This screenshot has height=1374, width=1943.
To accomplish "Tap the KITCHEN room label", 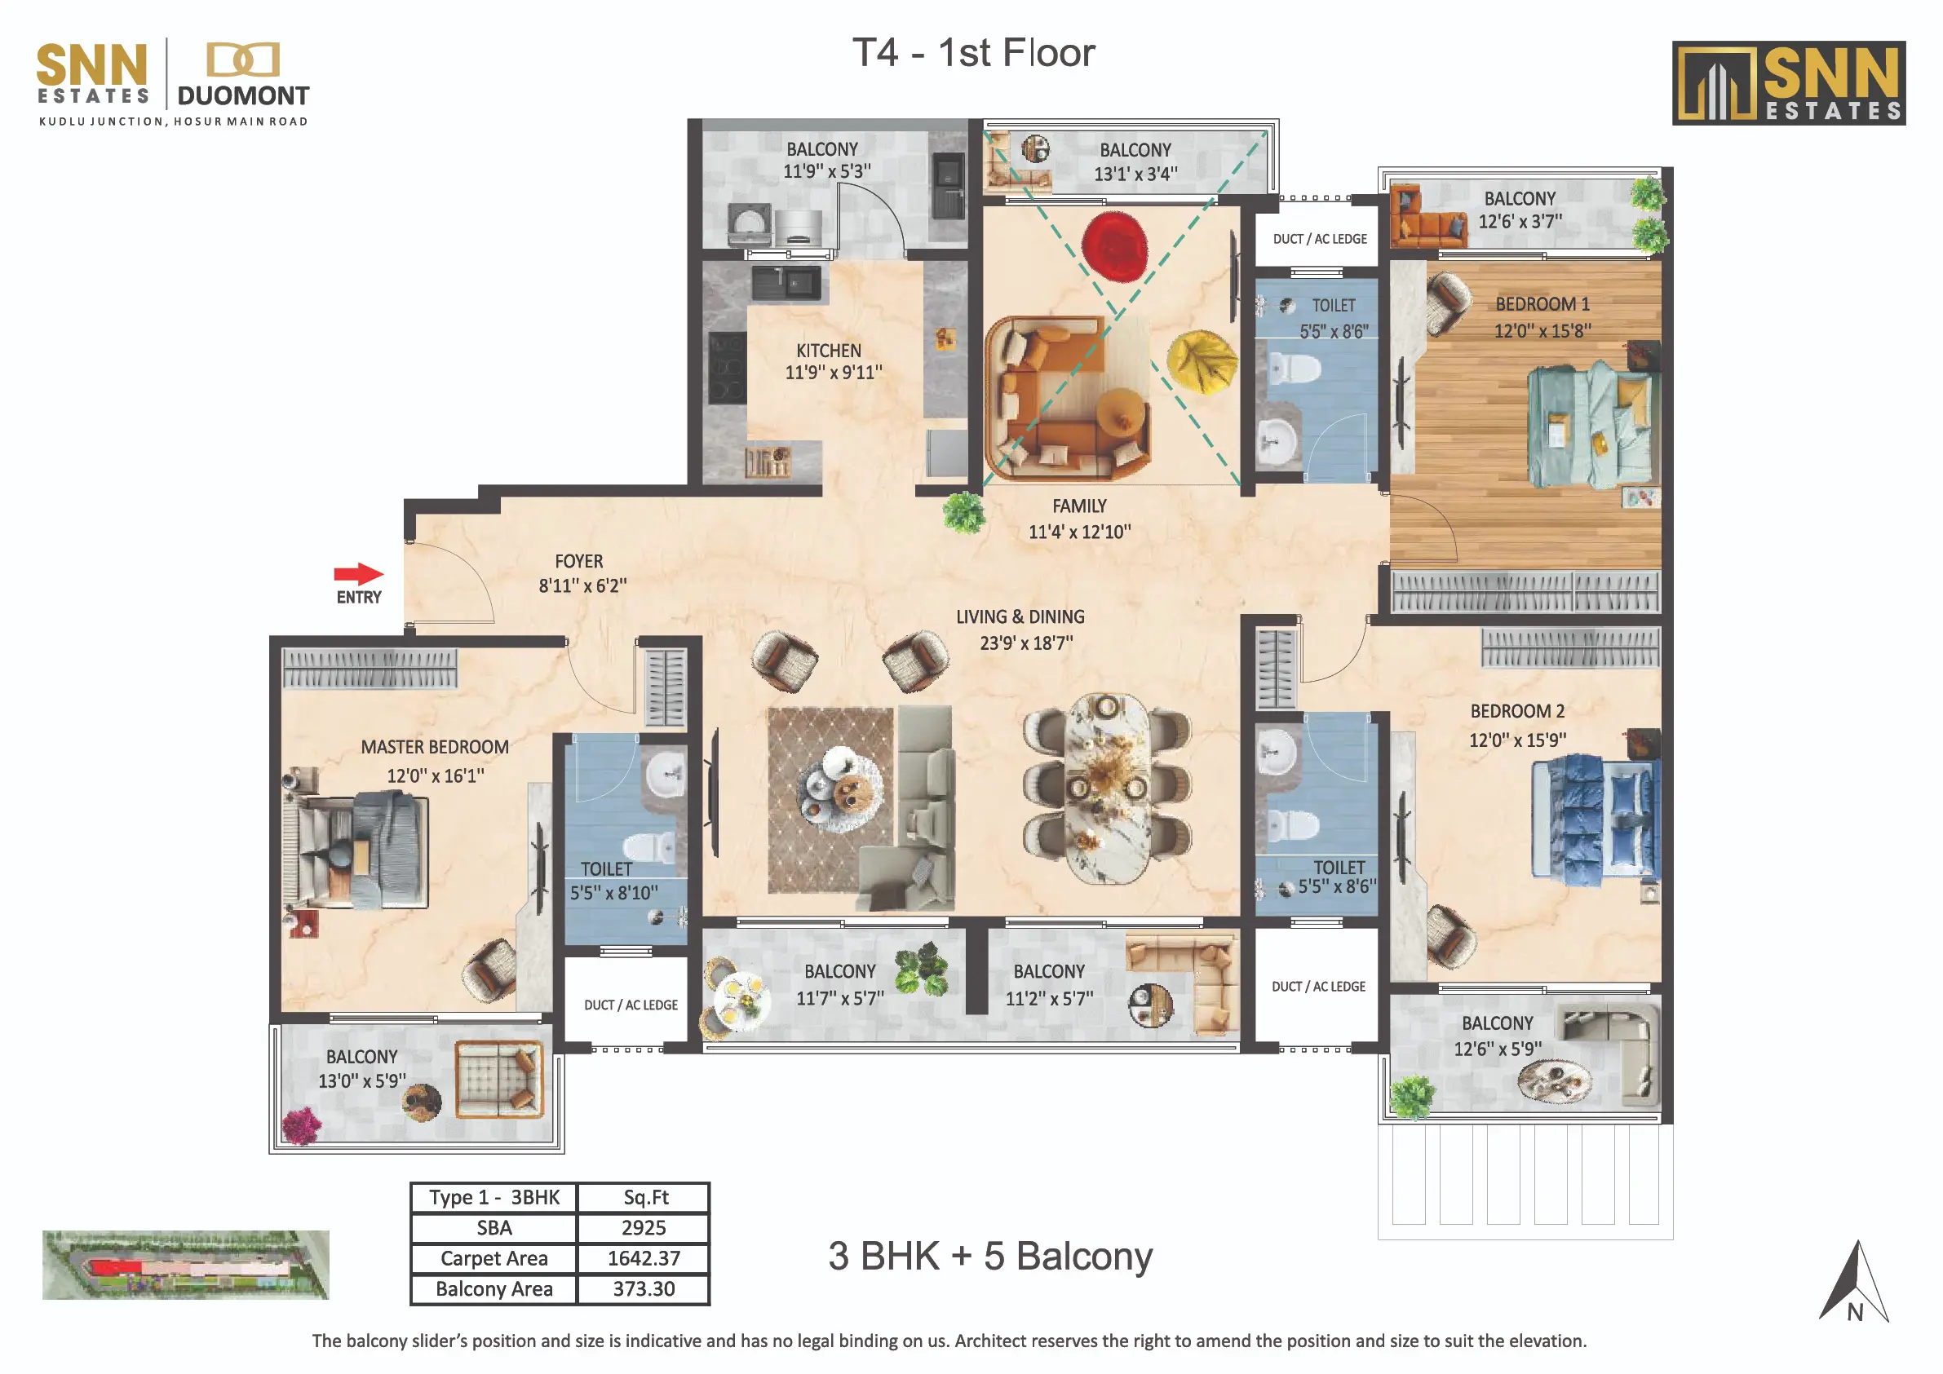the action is tap(829, 351).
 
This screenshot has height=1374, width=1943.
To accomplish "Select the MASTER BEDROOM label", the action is tap(435, 747).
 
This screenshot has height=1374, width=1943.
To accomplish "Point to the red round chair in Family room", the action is tap(1115, 246).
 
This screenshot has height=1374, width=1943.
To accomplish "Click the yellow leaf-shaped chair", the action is tap(1202, 360).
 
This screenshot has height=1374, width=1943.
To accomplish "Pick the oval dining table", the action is tap(1106, 788).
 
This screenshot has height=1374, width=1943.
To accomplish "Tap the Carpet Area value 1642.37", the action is tap(644, 1258).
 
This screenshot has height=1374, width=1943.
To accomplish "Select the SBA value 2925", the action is tap(644, 1228).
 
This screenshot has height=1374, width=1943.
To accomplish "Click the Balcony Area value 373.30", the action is tap(644, 1288).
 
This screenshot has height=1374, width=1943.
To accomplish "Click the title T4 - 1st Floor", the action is tap(973, 52).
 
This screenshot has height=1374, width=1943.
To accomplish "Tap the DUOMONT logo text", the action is tap(243, 95).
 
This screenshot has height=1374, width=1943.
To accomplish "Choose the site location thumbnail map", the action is tap(185, 1265).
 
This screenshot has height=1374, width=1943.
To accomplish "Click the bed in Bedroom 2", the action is tap(1596, 818).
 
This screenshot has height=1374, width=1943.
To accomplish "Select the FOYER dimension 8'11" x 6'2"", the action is tap(582, 585).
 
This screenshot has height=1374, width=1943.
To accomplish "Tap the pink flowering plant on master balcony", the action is tap(301, 1126).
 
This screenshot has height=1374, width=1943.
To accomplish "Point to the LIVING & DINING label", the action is tap(1020, 616).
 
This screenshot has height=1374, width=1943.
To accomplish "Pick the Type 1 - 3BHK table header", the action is tap(494, 1197).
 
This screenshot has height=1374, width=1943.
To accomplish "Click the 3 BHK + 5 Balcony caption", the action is tap(990, 1257).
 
